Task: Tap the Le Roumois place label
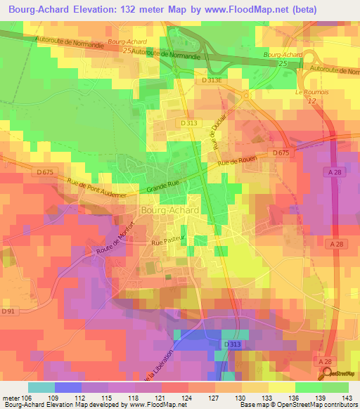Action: coord(308,92)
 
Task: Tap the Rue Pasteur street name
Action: coord(167,243)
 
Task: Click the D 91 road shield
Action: coord(8,310)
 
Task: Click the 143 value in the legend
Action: coord(347,398)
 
